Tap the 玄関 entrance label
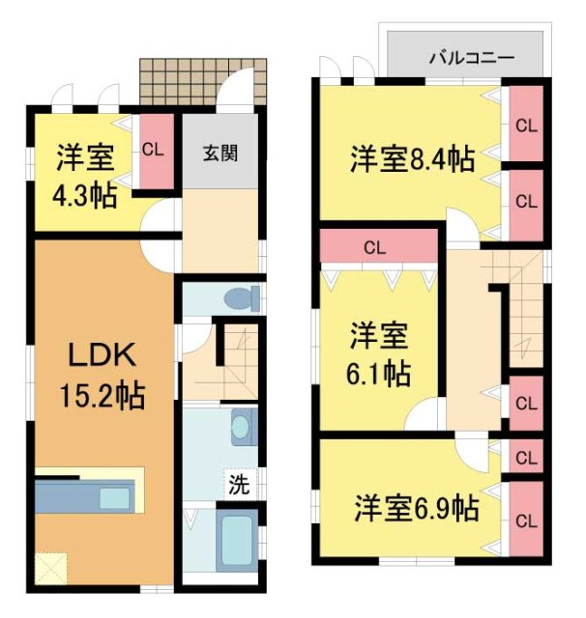221,153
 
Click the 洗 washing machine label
238,485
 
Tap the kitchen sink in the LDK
117,498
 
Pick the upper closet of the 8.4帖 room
526,125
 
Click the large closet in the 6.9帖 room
526,521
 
